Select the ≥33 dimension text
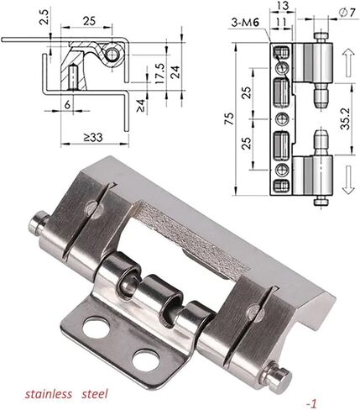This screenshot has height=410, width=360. (93, 137)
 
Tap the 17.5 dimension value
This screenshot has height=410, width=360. (159, 73)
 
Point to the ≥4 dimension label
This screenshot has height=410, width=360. (141, 106)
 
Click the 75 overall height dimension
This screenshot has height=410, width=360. (228, 118)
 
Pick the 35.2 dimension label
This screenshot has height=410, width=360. (346, 118)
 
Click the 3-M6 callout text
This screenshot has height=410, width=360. (245, 23)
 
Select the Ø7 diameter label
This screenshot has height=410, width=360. (347, 13)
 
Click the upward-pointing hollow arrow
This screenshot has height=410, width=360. (348, 62)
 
